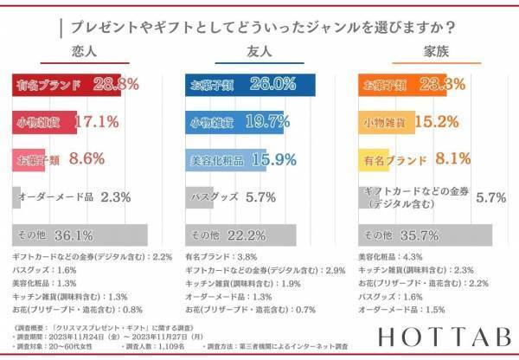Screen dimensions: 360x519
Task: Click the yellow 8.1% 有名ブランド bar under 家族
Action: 372,159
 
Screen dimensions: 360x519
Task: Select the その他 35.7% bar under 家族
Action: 424,235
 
